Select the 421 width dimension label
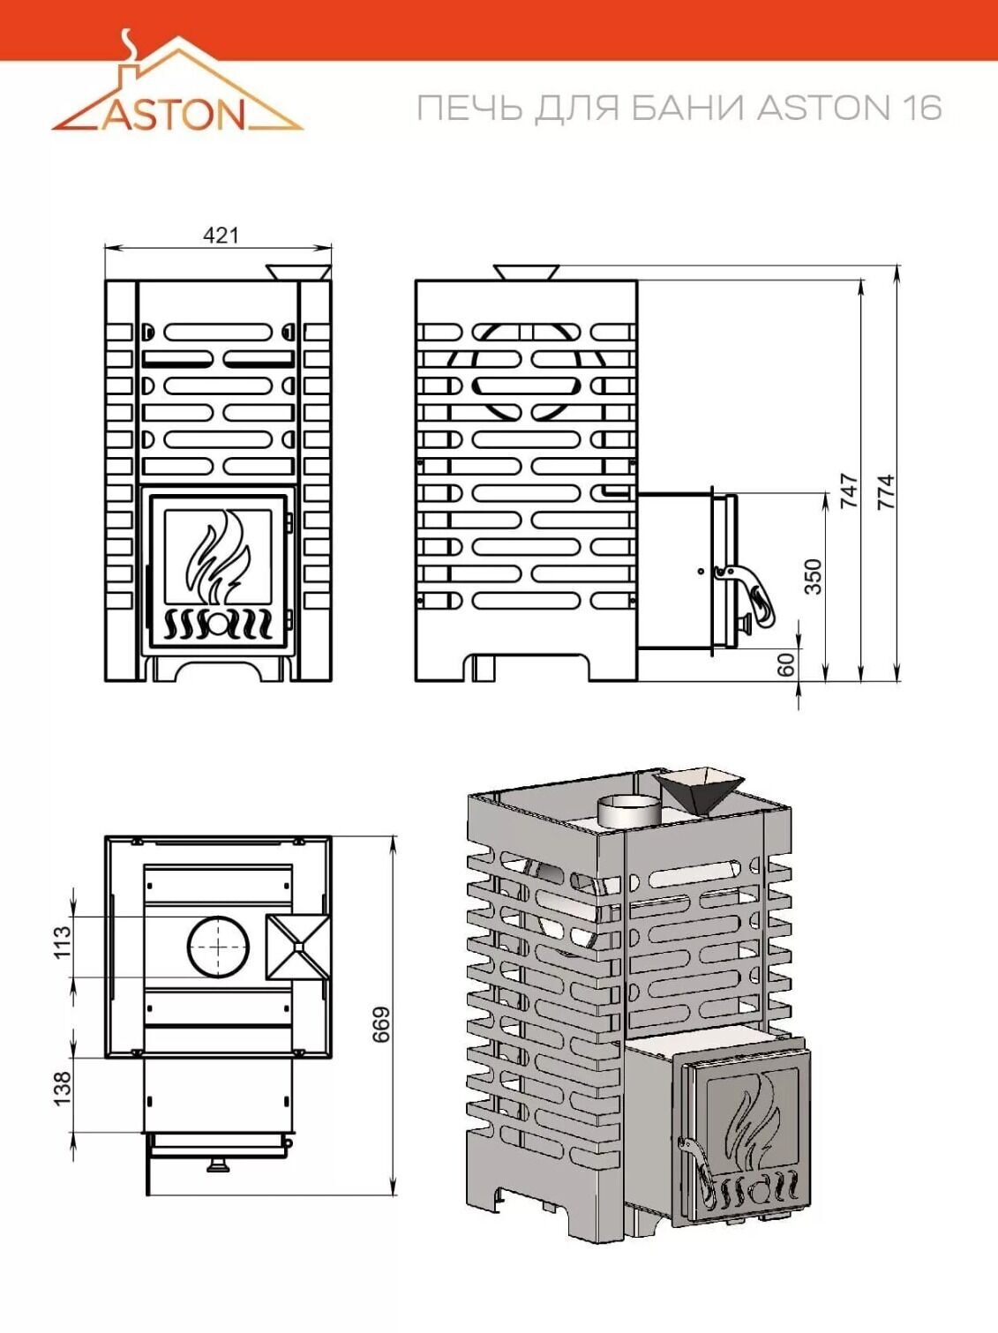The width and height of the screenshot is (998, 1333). (x=221, y=235)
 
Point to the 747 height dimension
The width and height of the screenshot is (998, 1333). (x=851, y=491)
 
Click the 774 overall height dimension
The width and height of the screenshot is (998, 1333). (x=887, y=491)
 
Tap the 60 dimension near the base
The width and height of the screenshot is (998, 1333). (x=786, y=664)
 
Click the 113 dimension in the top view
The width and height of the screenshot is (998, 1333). (x=63, y=942)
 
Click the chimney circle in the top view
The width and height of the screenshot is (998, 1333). (x=218, y=947)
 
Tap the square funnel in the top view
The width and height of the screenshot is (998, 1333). (x=298, y=947)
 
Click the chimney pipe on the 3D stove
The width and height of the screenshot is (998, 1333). (x=629, y=810)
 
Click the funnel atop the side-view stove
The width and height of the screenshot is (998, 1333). (x=526, y=272)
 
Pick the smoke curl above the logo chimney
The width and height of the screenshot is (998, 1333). (x=128, y=44)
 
